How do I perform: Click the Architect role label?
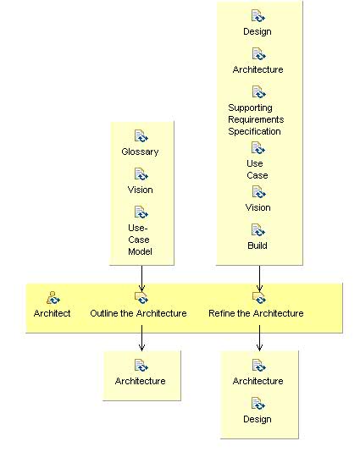click(x=53, y=313)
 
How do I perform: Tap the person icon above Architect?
click(x=53, y=297)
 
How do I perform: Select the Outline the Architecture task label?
click(x=138, y=313)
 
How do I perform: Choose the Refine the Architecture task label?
click(x=256, y=313)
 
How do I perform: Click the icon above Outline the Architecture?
click(x=141, y=297)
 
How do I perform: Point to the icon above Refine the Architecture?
click(x=259, y=297)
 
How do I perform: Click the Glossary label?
click(x=141, y=152)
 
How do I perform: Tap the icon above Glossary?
click(x=141, y=136)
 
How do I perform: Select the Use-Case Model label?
click(x=139, y=240)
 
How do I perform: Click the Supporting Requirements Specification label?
click(x=255, y=119)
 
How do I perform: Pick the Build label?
click(x=258, y=245)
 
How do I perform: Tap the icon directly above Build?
click(x=258, y=230)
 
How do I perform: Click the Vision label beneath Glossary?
click(x=141, y=190)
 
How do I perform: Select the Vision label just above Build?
click(x=258, y=207)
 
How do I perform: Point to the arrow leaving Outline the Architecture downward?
click(x=141, y=339)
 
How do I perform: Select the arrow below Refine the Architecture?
click(x=259, y=339)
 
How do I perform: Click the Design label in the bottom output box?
click(x=258, y=419)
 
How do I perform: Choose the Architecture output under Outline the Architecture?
click(x=141, y=381)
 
